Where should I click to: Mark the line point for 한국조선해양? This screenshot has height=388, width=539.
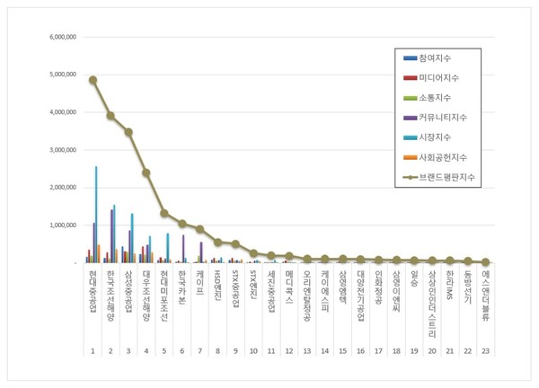point(110,116)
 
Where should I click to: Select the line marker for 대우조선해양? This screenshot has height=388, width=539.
point(146,172)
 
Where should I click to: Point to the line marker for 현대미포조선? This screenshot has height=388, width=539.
point(163,213)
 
